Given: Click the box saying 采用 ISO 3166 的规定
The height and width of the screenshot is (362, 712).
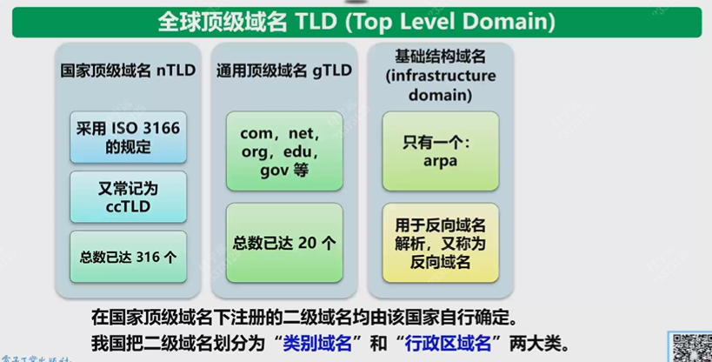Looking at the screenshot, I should point(129,137).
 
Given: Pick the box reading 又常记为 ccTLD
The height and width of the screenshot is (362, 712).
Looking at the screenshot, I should point(129,197).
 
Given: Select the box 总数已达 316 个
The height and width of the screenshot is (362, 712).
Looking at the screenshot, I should point(129,256).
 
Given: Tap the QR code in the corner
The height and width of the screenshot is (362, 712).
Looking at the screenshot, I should point(692,346).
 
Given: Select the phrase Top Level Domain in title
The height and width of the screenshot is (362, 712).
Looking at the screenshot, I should point(461,22).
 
